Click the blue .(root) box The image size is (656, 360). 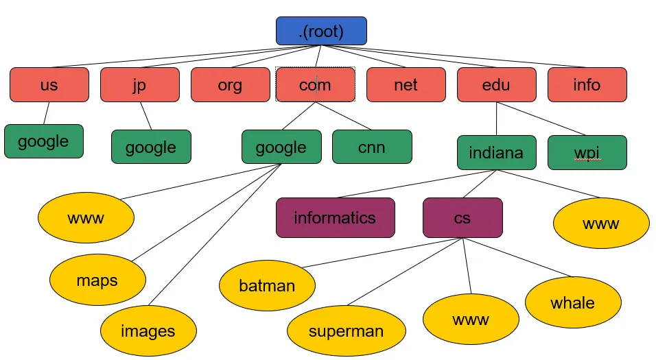pyautogui.click(x=321, y=31)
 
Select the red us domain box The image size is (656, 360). pyautogui.click(x=49, y=85)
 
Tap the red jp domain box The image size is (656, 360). pyautogui.click(x=140, y=85)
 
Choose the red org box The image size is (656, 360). pyautogui.click(x=231, y=85)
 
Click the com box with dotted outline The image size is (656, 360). pyautogui.click(x=316, y=85)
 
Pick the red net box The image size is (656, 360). pyautogui.click(x=406, y=85)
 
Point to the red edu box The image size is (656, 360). pyautogui.click(x=497, y=85)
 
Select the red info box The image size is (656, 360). pyautogui.click(x=587, y=85)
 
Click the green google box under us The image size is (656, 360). pyautogui.click(x=44, y=141)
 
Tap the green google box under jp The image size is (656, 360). pyautogui.click(x=151, y=147)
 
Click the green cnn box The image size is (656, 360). pyautogui.click(x=372, y=147)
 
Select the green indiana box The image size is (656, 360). pyautogui.click(x=497, y=152)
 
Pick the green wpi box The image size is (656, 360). pyautogui.click(x=587, y=152)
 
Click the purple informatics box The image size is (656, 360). pyautogui.click(x=336, y=218)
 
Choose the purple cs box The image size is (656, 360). pyautogui.click(x=462, y=218)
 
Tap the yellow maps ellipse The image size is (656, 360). pyautogui.click(x=97, y=280)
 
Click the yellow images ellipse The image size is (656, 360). pyautogui.click(x=148, y=331)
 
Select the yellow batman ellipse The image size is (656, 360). pyautogui.click(x=268, y=286)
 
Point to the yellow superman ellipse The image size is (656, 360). pyautogui.click(x=346, y=331)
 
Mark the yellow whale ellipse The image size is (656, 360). pyautogui.click(x=573, y=302)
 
